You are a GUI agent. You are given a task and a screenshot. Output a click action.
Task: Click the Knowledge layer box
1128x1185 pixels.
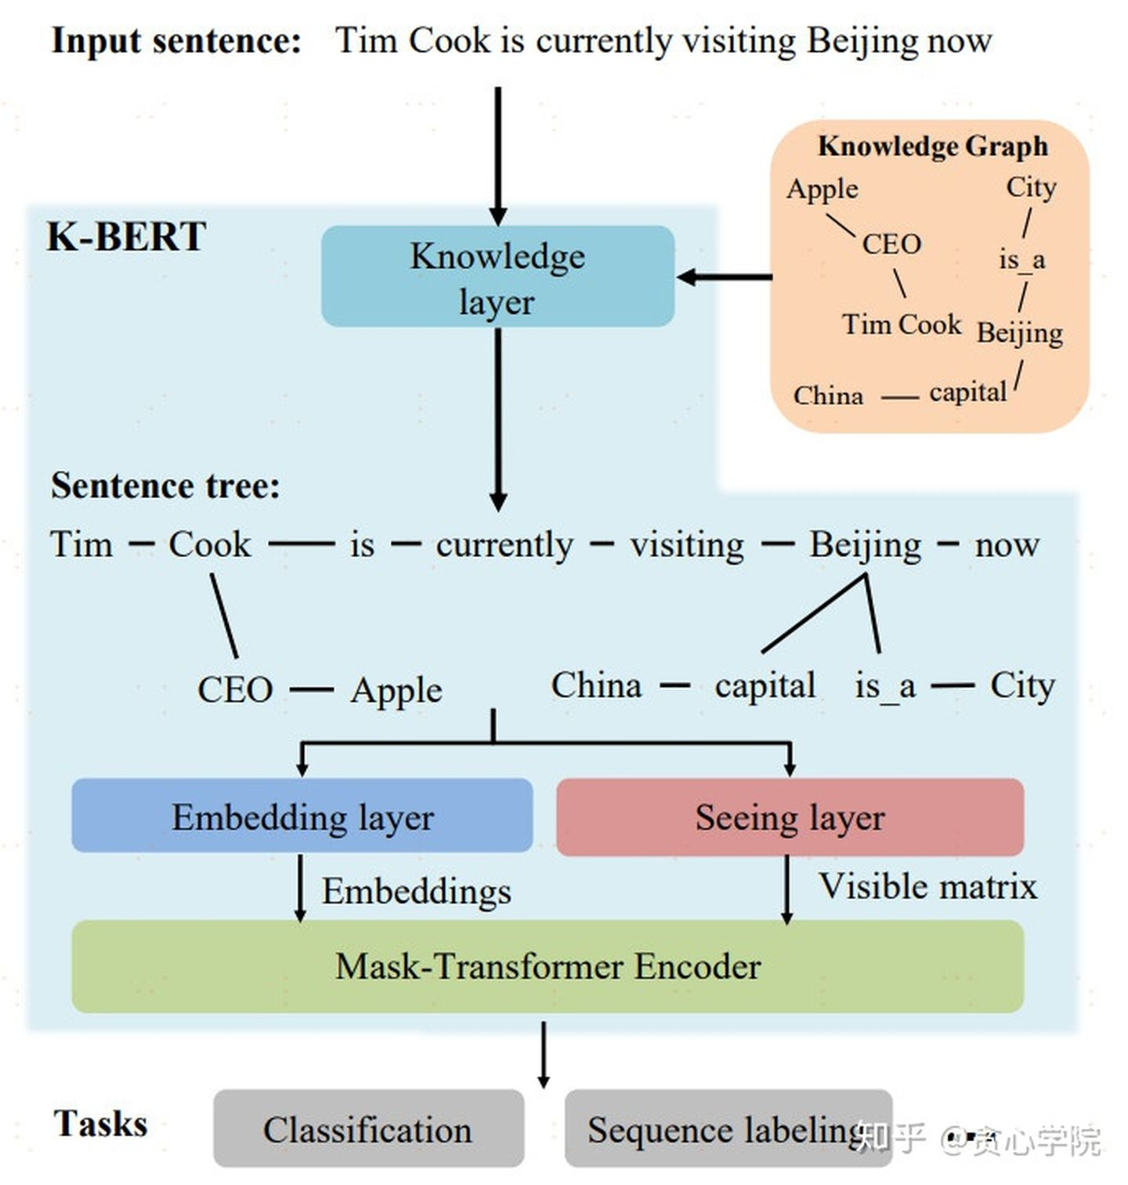[497, 276]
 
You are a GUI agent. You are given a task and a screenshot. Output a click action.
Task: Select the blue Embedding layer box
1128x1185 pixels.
[302, 815]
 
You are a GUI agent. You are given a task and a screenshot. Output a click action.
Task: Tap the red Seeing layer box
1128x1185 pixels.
[790, 817]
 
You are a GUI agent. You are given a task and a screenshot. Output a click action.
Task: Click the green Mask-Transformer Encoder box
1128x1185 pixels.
[548, 966]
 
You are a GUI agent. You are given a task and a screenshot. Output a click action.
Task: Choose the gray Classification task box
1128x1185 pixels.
[368, 1129]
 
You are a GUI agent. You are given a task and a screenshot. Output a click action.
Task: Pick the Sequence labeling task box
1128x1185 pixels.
[728, 1129]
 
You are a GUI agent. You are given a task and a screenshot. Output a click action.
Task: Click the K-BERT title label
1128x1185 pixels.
[126, 237]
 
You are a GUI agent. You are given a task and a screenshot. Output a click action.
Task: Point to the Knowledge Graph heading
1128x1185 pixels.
[933, 146]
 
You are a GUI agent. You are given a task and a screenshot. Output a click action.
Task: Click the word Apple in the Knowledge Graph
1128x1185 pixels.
[822, 190]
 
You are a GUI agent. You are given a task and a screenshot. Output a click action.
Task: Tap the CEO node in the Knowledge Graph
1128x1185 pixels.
[891, 244]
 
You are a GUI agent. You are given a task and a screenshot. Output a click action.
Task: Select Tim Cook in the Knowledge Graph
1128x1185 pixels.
[902, 324]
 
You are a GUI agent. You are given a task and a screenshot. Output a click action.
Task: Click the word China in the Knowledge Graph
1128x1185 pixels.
[829, 396]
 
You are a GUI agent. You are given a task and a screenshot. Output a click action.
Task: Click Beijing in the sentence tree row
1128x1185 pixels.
[865, 545]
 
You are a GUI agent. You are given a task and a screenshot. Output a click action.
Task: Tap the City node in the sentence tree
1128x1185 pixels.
[1022, 686]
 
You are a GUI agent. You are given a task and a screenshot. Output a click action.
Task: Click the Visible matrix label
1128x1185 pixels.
[928, 887]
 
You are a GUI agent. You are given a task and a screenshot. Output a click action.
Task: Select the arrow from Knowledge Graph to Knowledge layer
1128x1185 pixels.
[725, 276]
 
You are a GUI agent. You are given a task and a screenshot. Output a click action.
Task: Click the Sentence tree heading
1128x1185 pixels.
[165, 486]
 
